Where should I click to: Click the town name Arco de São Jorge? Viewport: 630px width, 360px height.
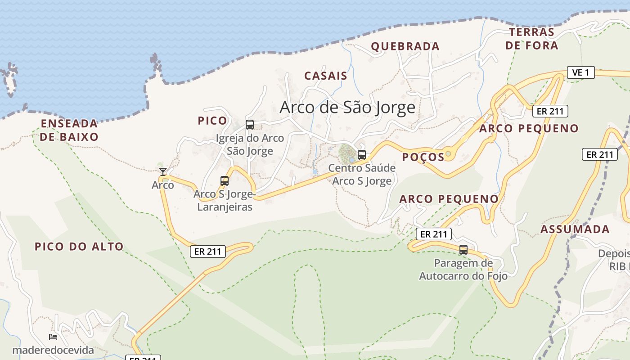pos(347,107)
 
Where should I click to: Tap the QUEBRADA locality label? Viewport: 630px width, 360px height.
pos(405,46)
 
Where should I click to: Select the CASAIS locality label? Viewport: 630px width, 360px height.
pos(326,76)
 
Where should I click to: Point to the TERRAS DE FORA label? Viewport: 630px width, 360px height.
pos(531,39)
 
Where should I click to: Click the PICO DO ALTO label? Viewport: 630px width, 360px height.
pos(79,246)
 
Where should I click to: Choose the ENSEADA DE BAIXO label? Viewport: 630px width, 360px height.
pos(69,130)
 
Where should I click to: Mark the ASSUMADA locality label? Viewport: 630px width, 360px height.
pos(575,229)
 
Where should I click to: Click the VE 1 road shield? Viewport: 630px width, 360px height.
pos(580,72)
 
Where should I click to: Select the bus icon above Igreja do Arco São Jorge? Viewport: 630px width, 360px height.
pos(250,124)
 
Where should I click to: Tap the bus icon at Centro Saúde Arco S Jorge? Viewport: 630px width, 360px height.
pos(361,155)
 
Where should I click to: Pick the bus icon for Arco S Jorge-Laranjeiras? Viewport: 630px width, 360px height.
pos(224,181)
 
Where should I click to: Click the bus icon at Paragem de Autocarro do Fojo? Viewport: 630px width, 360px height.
pos(463,249)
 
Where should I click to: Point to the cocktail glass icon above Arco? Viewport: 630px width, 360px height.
pos(163,171)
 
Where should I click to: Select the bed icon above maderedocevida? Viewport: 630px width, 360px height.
pos(53,337)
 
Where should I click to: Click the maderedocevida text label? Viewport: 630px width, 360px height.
pos(53,350)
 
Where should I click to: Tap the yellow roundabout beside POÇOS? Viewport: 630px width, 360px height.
pos(448,154)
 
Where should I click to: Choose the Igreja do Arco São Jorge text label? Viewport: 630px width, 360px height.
pos(250,144)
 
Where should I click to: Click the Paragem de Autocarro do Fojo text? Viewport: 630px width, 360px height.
pos(463,269)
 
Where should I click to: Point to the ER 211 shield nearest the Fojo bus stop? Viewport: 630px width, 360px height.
pos(433,234)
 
